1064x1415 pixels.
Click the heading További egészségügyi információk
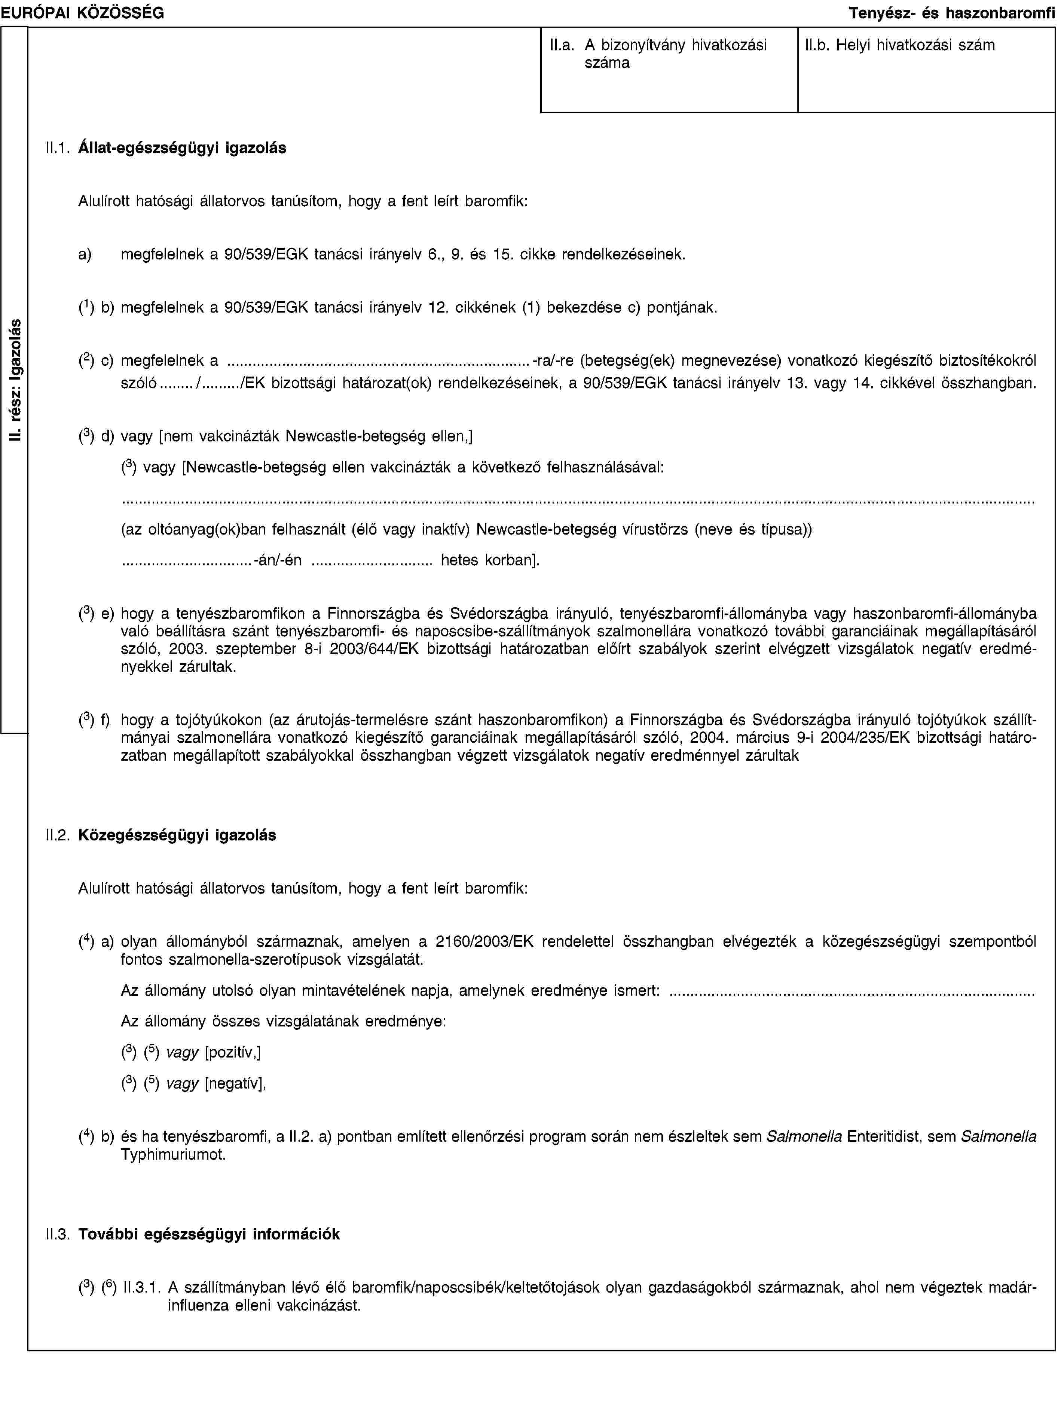point(209,1234)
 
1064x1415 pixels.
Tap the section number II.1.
point(58,148)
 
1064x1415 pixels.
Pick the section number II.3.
point(58,1234)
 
